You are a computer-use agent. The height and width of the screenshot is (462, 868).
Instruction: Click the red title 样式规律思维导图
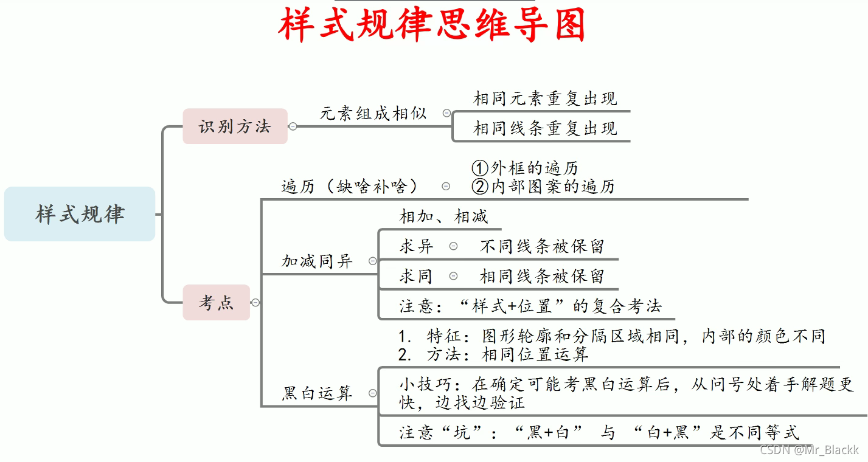432,24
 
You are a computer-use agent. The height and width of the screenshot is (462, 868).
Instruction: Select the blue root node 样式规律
80,214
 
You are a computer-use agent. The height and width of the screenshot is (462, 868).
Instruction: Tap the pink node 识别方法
235,126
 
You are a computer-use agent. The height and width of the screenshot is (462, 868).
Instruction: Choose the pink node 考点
216,302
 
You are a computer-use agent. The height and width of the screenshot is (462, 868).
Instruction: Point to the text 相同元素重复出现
545,98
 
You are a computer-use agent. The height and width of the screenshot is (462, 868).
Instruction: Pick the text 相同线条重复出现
545,128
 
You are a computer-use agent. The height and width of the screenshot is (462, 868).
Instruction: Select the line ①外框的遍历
525,168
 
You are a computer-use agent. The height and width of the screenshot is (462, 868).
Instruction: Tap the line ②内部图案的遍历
543,186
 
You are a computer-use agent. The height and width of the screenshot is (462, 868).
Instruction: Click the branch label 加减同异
317,261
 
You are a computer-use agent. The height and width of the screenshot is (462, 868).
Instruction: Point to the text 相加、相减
443,216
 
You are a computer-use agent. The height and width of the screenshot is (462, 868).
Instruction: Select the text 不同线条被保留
542,246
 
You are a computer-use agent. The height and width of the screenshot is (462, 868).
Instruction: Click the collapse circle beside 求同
453,276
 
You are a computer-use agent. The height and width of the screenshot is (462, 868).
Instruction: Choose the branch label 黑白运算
317,393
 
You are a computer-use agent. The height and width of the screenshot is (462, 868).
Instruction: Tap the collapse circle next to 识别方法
293,126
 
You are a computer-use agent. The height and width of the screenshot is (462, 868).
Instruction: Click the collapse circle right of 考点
256,302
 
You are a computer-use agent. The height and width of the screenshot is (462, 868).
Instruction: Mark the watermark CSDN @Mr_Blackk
809,450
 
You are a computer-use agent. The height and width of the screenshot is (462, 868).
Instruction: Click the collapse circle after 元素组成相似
447,113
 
